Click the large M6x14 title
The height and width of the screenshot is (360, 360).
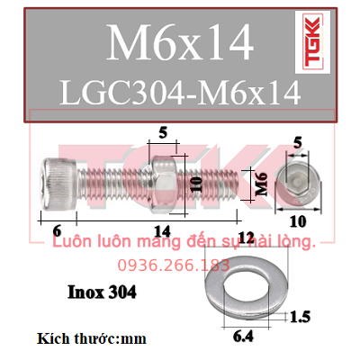click(x=180, y=42)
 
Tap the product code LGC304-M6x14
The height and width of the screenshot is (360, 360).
click(x=180, y=92)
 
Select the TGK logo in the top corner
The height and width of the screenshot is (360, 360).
click(x=312, y=42)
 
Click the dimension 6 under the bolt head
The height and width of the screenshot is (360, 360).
click(x=57, y=230)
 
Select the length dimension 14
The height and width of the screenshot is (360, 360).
click(x=162, y=231)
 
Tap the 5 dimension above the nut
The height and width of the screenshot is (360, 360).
click(x=163, y=132)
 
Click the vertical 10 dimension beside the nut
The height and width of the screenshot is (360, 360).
click(x=196, y=184)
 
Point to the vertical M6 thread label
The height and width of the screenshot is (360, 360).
click(x=262, y=184)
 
